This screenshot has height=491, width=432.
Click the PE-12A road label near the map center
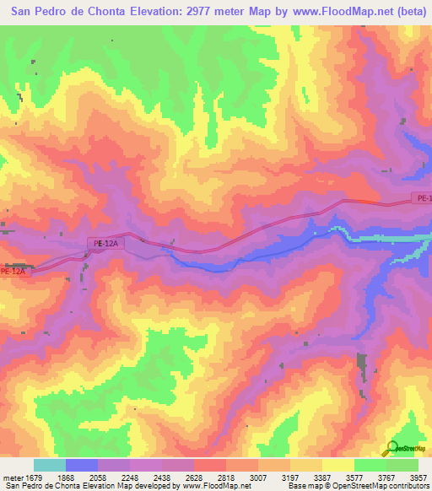click(x=106, y=244)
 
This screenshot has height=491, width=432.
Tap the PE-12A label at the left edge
click(x=14, y=272)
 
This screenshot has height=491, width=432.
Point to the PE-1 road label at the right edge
click(x=422, y=198)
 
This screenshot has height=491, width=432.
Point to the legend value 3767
click(x=385, y=478)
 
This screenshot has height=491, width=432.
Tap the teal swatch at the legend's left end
click(x=50, y=465)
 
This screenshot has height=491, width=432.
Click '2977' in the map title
click(x=186, y=11)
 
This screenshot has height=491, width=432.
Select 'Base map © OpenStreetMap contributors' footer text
click(x=357, y=486)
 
